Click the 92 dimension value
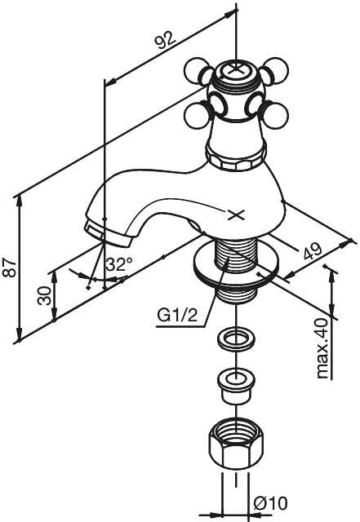point(166,40)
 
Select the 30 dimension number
point(45,296)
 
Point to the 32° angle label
point(119,264)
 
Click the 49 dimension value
point(313,251)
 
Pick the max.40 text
point(322,348)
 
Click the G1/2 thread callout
point(177,315)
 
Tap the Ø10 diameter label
point(270,503)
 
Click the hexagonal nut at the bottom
point(236,447)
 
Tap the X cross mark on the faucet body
point(236,215)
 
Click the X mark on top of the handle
point(236,69)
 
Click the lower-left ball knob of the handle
point(199,117)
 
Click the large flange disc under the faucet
point(236,265)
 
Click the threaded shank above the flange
point(237,253)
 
